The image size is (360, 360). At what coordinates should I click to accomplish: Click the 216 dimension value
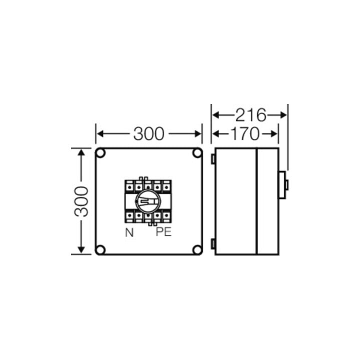point(250,115)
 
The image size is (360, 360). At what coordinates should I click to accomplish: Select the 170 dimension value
point(244,133)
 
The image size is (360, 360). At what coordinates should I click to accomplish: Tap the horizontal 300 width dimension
point(149,133)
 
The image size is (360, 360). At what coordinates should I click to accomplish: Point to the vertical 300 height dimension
point(81,201)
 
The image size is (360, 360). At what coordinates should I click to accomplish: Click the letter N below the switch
point(129,232)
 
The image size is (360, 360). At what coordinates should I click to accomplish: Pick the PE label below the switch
point(163,232)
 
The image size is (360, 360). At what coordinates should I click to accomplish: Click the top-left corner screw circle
point(100,153)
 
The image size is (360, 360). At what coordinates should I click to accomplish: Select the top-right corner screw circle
point(197,153)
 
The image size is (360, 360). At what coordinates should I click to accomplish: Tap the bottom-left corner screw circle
point(100,250)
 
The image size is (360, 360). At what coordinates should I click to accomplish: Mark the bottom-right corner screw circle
point(197,250)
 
